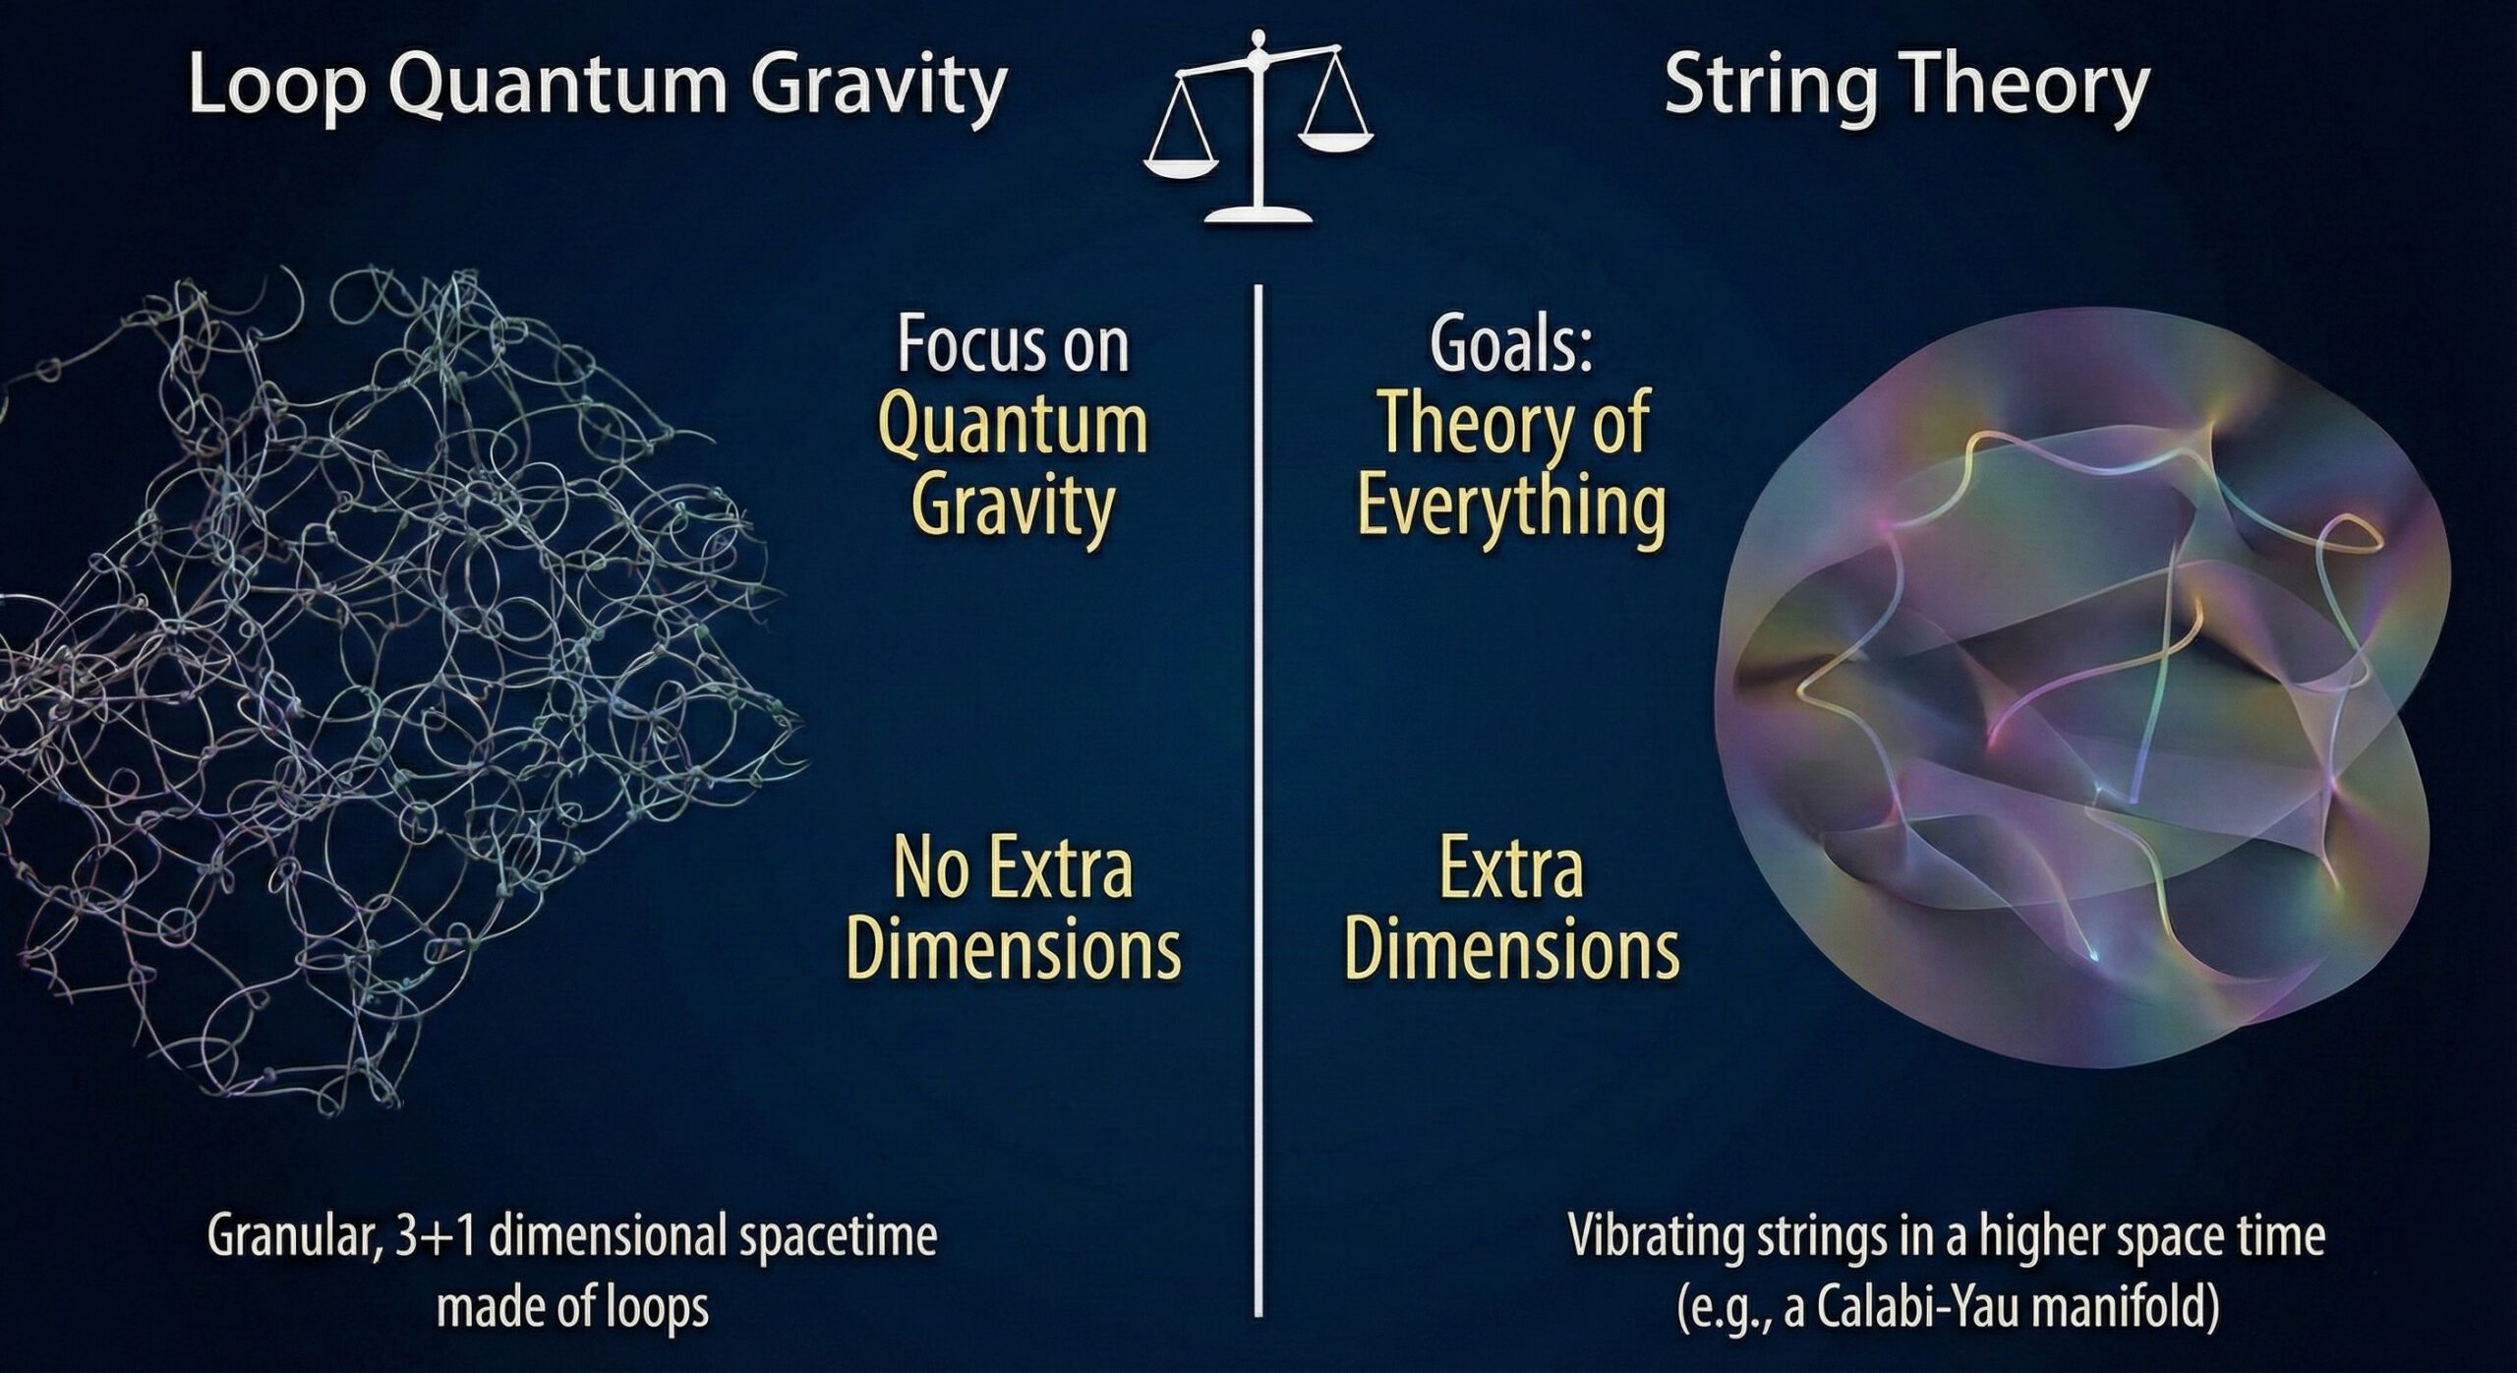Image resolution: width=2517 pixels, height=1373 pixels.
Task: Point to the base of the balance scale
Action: pos(1258,213)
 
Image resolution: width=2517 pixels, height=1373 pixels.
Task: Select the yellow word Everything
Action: pos(1511,507)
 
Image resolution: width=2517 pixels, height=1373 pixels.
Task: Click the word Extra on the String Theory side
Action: pos(1511,869)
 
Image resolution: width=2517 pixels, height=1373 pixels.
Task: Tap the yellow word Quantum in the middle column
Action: pos(1013,426)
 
